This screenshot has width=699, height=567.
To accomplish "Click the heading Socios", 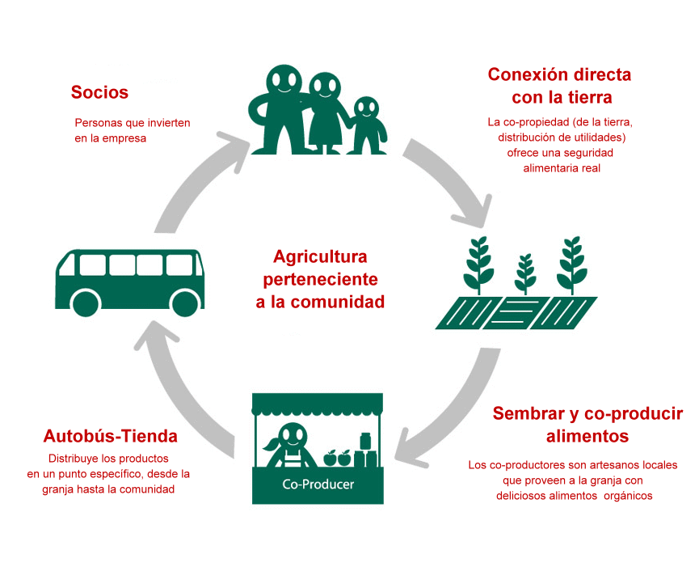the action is coord(99,92).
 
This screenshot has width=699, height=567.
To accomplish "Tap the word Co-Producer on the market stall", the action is coord(318,484).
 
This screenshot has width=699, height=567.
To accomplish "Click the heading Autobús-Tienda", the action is coord(110,436).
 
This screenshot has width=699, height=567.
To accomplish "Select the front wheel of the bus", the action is coord(185,303).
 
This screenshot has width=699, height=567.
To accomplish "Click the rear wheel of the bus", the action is coord(85,303).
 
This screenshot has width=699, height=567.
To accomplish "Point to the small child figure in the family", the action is coord(367,126).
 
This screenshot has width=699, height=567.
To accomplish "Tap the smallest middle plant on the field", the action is coord(525,274).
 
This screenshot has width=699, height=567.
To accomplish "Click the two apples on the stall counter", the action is coord(337,458).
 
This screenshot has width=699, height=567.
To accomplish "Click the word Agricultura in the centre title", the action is coord(320,257).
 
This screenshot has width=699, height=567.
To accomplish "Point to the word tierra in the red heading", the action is coord(590,97).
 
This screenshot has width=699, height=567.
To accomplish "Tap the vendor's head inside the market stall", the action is coord(293,435).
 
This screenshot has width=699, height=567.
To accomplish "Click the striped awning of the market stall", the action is coord(318,404).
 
